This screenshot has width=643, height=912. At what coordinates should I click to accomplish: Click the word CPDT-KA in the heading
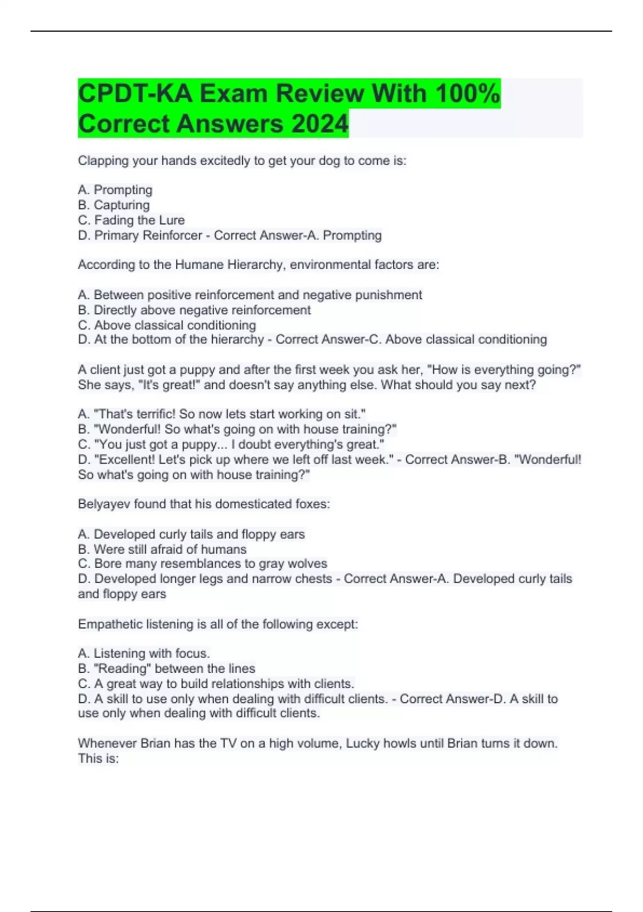135,93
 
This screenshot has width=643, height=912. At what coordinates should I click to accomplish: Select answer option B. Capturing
114,205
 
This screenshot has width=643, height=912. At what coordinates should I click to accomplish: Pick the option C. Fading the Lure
131,220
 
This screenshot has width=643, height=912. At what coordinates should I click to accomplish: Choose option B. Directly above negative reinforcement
195,310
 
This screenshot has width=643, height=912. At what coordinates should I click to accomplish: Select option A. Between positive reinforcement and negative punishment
250,295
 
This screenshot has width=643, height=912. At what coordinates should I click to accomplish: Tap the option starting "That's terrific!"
222,414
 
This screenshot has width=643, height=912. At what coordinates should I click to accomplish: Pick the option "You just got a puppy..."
231,444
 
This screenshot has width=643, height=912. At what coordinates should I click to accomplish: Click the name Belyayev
104,504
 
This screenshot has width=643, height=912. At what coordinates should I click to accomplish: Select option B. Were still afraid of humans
162,549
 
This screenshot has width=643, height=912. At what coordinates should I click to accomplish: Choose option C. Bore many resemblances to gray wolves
203,564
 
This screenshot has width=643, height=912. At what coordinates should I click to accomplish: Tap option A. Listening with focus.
144,653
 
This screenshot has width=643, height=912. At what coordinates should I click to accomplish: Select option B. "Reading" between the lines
167,668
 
